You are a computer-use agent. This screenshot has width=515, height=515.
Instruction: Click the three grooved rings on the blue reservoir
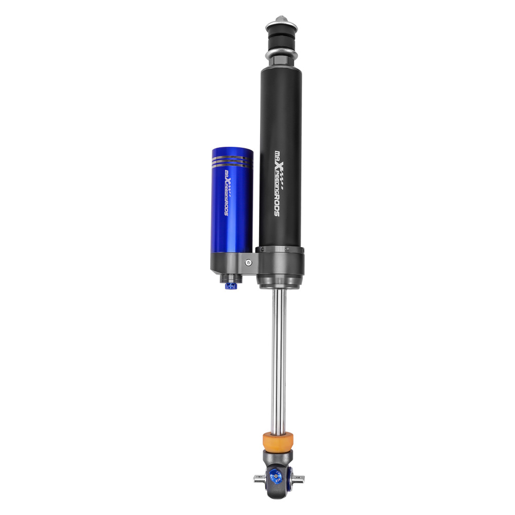pos(232,162)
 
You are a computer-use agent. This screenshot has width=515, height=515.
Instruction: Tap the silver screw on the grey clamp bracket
pos(249,263)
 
